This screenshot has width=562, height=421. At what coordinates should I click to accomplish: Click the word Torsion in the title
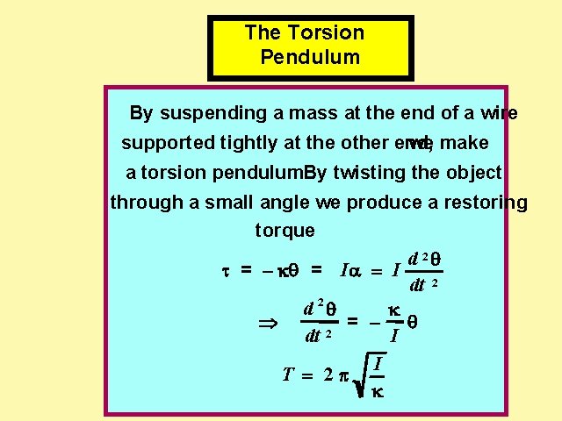pyautogui.click(x=326, y=33)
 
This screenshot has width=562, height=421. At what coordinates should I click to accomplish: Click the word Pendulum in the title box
pyautogui.click(x=311, y=59)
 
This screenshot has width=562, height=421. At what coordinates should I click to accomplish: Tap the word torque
pyautogui.click(x=285, y=232)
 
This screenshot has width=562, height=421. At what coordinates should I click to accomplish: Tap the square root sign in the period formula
pyautogui.click(x=357, y=374)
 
